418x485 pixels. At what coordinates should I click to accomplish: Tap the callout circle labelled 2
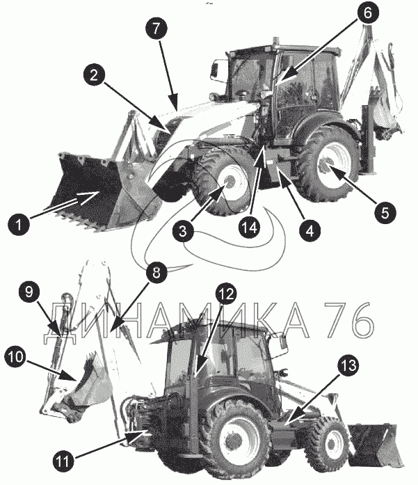94,75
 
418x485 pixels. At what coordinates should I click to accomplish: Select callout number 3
184,231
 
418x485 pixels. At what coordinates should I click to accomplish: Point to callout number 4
310,230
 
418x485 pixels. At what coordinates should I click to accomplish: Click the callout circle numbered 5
385,212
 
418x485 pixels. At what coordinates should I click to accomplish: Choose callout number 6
367,13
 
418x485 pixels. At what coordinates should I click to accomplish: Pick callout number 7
156,29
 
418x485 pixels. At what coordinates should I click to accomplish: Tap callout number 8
156,273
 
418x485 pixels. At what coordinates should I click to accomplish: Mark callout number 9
29,292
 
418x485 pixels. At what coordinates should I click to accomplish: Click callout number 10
15,358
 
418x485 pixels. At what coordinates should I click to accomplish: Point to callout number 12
226,294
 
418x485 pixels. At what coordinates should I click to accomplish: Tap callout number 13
348,365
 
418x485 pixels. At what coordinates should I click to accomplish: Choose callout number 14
250,228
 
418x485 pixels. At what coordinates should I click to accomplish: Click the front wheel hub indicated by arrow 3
231,182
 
